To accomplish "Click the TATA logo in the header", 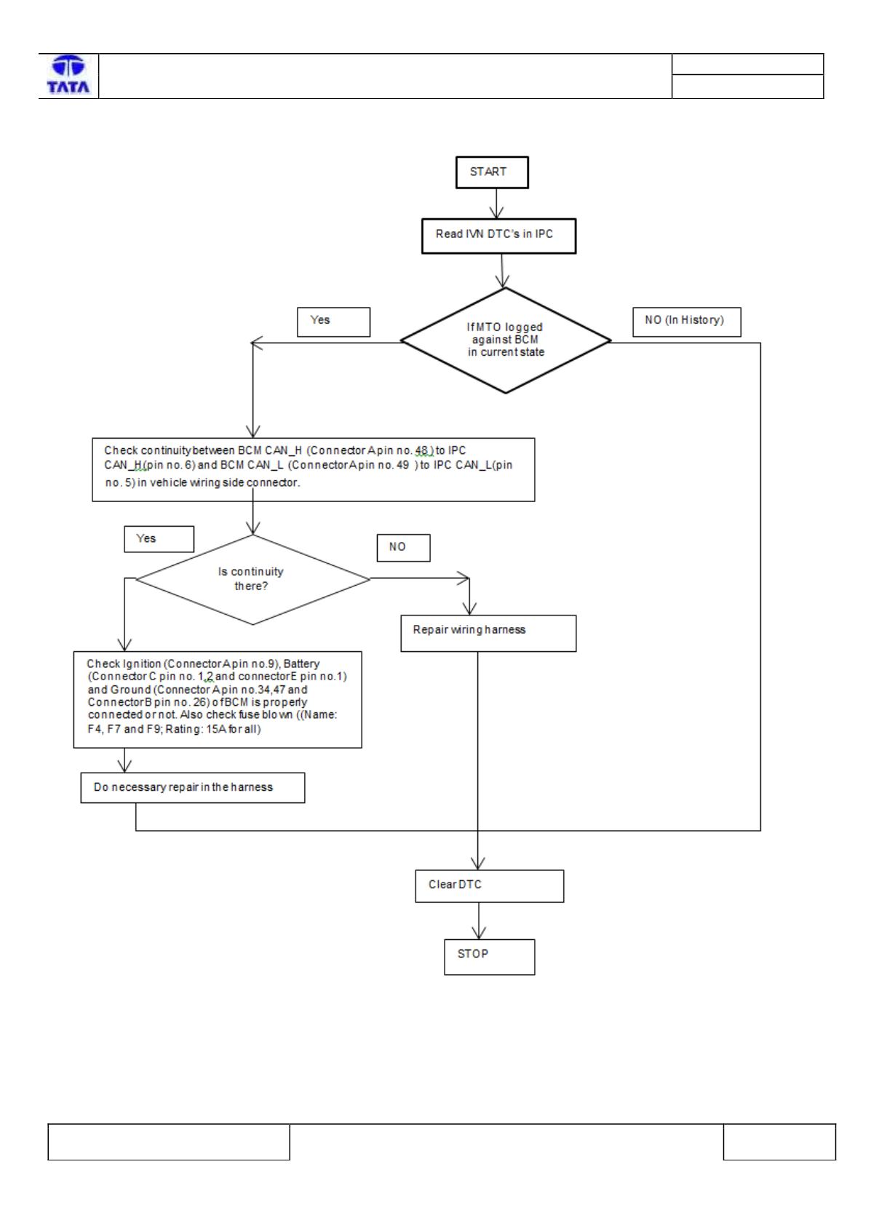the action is click(x=68, y=74).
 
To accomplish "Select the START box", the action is click(x=492, y=172).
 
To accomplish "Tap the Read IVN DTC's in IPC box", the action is click(x=498, y=236).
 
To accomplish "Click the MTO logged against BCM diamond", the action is click(x=506, y=340).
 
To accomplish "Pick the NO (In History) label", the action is click(x=686, y=322).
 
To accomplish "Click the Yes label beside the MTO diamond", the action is click(x=333, y=322).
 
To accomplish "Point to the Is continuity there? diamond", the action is click(x=252, y=579).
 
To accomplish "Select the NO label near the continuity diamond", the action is click(x=403, y=547).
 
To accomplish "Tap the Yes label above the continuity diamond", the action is click(x=159, y=538).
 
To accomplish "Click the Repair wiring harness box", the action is click(x=488, y=633).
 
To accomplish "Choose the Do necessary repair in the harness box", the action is click(x=193, y=787).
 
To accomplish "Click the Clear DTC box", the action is click(x=489, y=886).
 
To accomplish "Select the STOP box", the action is click(x=489, y=957).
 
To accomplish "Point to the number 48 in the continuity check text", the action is click(x=421, y=450).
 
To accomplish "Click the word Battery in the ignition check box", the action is click(x=301, y=664).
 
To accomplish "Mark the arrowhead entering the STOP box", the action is click(x=479, y=933).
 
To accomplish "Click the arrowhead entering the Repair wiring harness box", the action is click(x=469, y=608).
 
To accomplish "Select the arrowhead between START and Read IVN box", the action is click(x=497, y=212).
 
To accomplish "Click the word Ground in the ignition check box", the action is click(x=130, y=690).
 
